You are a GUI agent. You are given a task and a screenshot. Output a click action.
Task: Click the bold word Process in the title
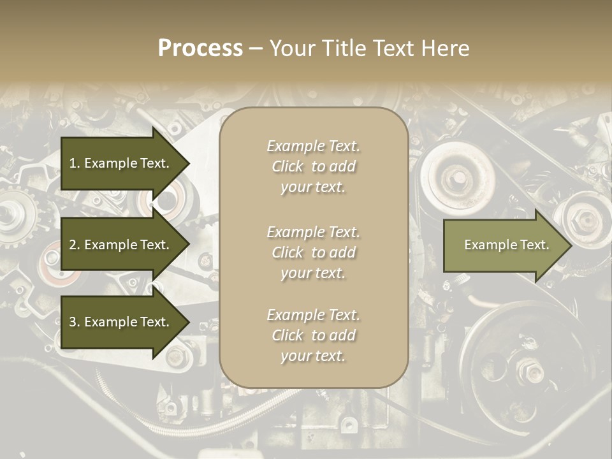(200, 48)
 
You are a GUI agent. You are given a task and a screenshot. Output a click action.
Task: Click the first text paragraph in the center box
(313, 166)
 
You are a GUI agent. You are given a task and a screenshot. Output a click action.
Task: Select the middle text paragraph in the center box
(313, 252)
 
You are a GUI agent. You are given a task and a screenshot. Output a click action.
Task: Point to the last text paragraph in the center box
(313, 335)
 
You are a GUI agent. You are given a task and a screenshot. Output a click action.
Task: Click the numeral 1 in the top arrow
(72, 163)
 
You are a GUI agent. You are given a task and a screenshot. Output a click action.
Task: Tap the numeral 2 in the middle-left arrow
(73, 245)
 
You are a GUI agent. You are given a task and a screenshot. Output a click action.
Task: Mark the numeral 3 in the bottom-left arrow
(73, 322)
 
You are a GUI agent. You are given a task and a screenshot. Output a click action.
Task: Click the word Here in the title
(446, 48)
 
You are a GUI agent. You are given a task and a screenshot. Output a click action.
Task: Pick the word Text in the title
(395, 48)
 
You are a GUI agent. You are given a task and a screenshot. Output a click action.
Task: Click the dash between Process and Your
(256, 48)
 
